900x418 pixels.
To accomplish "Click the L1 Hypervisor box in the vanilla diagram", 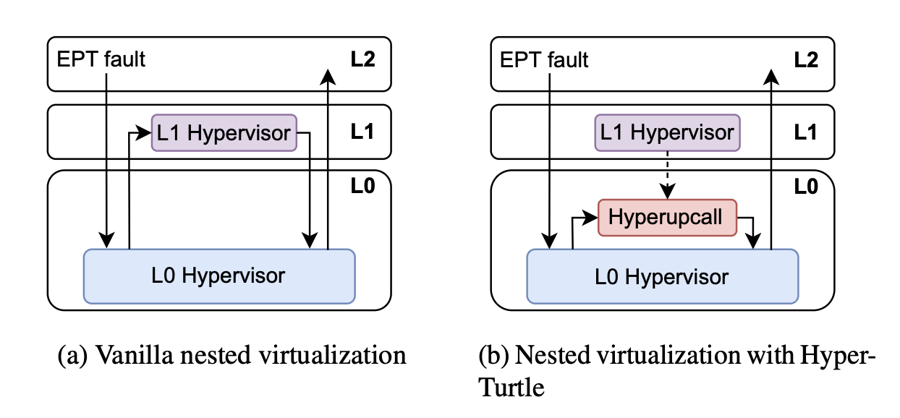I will pyautogui.click(x=224, y=133).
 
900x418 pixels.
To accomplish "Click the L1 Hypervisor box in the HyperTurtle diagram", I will pyautogui.click(x=667, y=133).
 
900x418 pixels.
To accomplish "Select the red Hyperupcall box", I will pyautogui.click(x=666, y=217).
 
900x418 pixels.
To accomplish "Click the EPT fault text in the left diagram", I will pyautogui.click(x=101, y=59).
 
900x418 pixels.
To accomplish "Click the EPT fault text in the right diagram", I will pyautogui.click(x=545, y=59).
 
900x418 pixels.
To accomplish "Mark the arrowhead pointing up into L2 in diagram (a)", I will pyautogui.click(x=328, y=75).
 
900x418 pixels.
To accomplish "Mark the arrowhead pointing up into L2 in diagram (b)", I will pyautogui.click(x=772, y=75).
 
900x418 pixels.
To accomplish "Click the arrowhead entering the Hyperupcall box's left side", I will pyautogui.click(x=593, y=216).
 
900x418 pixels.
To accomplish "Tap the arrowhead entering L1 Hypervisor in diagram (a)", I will pyautogui.click(x=145, y=133).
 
